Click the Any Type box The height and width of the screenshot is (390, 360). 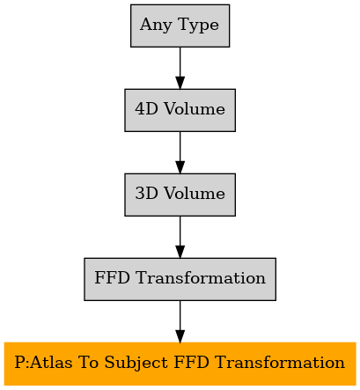pyautogui.click(x=180, y=26)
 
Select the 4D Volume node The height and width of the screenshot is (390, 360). pyautogui.click(x=180, y=110)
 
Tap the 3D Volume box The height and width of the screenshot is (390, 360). pyautogui.click(x=180, y=195)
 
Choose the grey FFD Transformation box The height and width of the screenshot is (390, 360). pyautogui.click(x=180, y=279)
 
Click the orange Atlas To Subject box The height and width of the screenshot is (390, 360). pyautogui.click(x=180, y=364)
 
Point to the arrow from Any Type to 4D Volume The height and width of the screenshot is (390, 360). pyautogui.click(x=180, y=68)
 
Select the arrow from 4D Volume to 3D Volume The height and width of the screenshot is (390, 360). pyautogui.click(x=180, y=152)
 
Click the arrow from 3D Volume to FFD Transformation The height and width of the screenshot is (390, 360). pyautogui.click(x=180, y=237)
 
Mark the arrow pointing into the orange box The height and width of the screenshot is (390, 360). pyautogui.click(x=180, y=321)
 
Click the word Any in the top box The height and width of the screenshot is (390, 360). pyautogui.click(x=156, y=26)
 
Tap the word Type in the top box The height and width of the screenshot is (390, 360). pyautogui.click(x=198, y=26)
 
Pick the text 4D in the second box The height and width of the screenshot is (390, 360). pyautogui.click(x=146, y=109)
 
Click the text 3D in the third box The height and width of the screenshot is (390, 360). pyautogui.click(x=146, y=194)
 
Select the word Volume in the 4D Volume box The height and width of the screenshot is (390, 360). pyautogui.click(x=195, y=109)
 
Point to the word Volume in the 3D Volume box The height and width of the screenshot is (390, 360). pyautogui.click(x=195, y=194)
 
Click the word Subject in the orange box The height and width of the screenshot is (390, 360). pyautogui.click(x=136, y=363)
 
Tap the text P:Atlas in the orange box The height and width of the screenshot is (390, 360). pyautogui.click(x=43, y=363)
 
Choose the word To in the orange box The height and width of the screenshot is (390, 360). pyautogui.click(x=88, y=363)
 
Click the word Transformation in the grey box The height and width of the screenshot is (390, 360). pyautogui.click(x=201, y=278)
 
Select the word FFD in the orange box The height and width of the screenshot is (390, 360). pyautogui.click(x=191, y=363)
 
